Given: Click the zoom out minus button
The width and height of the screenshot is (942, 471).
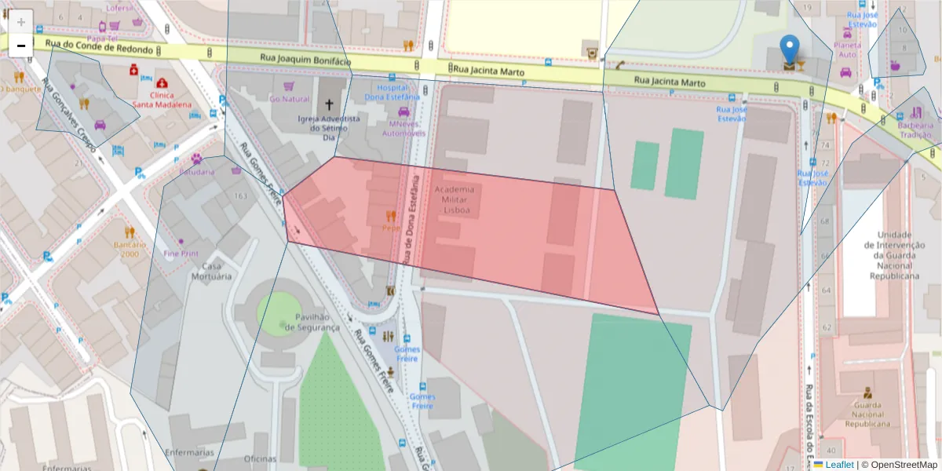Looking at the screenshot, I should pos(21,46).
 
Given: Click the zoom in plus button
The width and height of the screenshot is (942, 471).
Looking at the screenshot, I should pos(21,22).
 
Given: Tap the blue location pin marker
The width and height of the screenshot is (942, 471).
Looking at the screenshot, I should pos(790,49).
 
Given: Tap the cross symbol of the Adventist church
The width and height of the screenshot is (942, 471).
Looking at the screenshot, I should pos(330,104).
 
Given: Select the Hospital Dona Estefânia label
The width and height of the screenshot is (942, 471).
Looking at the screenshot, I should pos(392,93).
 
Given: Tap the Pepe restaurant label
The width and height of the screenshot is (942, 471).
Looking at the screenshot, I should pos(391,228).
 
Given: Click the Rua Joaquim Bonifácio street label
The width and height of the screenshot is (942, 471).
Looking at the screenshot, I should pos(306,60).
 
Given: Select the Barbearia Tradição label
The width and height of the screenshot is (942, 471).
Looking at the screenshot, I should pos(916,130).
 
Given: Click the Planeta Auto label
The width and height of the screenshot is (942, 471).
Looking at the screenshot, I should pos(847,49).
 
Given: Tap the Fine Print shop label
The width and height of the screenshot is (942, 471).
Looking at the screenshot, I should pos(181,254).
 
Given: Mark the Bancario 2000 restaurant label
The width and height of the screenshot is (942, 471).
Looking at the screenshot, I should pos(130,249).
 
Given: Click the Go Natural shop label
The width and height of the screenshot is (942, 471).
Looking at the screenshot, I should pos(290,99).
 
